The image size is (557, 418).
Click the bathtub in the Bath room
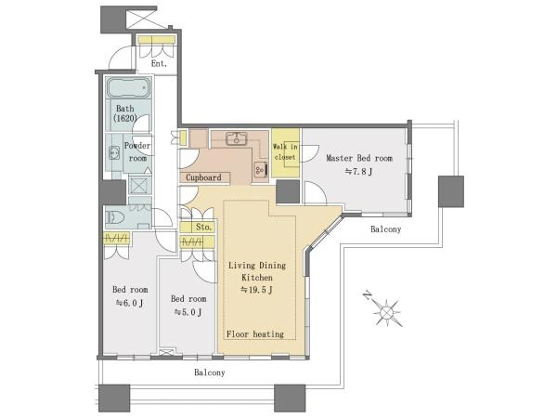tap(129, 87)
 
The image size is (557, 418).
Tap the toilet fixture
tap(115, 217)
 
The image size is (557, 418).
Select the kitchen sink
tap(236, 138)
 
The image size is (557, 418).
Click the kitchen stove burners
tap(260, 170)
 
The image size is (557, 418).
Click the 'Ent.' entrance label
tap(159, 64)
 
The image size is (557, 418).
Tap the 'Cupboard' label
tap(203, 177)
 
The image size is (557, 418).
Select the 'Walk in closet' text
tap(285, 151)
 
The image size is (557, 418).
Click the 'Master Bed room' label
tap(359, 158)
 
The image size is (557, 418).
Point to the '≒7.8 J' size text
tap(358, 172)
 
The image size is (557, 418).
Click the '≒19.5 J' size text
tap(257, 290)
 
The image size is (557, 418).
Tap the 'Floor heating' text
tap(255, 334)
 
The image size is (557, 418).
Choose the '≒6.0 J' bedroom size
tap(130, 303)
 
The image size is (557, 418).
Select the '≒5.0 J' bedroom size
tap(188, 312)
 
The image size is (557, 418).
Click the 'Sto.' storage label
tap(203, 227)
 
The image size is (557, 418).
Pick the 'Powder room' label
tap(137, 151)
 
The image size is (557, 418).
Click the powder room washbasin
tap(114, 152)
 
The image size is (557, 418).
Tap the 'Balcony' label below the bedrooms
tap(210, 372)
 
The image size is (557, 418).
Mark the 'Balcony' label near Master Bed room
tap(386, 229)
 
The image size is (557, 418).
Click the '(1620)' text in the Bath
tap(125, 118)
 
